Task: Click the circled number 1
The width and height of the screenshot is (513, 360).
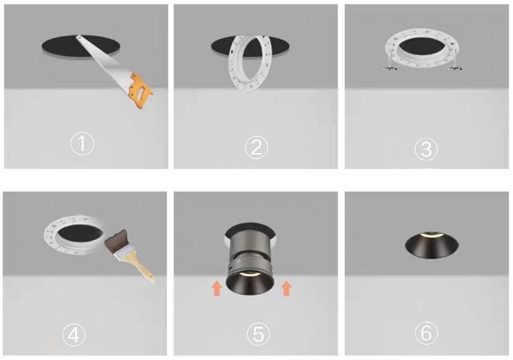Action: (x=82, y=144)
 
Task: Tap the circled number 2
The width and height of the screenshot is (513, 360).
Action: (x=256, y=148)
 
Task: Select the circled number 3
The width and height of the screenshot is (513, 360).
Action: (x=426, y=149)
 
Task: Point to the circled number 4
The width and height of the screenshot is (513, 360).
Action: (x=74, y=335)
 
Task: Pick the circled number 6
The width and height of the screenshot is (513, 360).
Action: (x=426, y=334)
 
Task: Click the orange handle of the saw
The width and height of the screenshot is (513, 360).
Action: (x=141, y=91)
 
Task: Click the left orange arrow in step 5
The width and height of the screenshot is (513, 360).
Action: (x=217, y=288)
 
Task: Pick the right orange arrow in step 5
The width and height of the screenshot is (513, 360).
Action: (x=286, y=288)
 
